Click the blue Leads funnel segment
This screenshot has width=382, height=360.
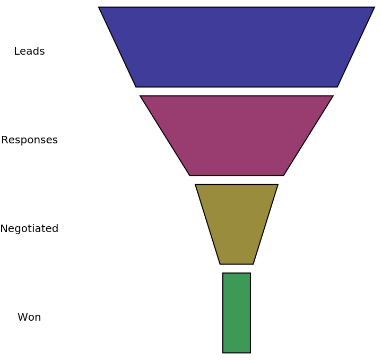click(236, 47)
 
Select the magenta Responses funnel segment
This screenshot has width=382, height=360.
click(236, 135)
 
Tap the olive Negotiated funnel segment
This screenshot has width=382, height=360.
click(236, 224)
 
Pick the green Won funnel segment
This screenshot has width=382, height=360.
click(237, 313)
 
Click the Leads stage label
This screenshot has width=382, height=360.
click(29, 52)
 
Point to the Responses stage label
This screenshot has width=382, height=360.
click(29, 140)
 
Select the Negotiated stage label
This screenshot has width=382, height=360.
click(29, 229)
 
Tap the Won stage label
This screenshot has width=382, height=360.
click(29, 318)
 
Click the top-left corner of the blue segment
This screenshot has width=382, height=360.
click(99, 7)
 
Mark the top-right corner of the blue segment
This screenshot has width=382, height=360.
click(374, 7)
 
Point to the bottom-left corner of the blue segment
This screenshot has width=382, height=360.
click(136, 87)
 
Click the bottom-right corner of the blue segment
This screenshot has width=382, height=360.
click(337, 87)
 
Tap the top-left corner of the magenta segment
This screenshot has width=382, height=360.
click(141, 96)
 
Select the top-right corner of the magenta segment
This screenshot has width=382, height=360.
click(333, 96)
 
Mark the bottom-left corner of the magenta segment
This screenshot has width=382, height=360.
click(189, 175)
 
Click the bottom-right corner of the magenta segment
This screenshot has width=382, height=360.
click(283, 175)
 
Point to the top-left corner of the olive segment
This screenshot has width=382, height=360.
click(196, 185)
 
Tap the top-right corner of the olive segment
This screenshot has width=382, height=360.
click(277, 185)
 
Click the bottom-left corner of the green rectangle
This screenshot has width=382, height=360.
click(223, 353)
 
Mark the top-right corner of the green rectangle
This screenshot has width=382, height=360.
click(250, 273)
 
